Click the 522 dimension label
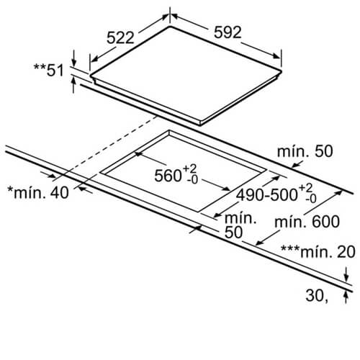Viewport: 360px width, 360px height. pos(120,37)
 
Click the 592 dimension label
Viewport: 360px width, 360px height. pos(228,32)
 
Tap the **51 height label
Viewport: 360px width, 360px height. pos(49,70)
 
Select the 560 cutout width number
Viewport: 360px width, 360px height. pos(168,176)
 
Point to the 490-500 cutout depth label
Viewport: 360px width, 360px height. pos(267,194)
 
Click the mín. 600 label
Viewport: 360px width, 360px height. pos(307,222)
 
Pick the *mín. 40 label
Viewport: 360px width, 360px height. pos(38,192)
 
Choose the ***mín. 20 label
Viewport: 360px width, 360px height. pos(318,252)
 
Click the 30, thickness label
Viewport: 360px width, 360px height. pos(317,295)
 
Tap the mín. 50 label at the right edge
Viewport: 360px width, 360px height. pos(305,151)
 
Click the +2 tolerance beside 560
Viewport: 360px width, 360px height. pos(190,168)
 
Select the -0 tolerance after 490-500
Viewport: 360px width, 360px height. pos(311,199)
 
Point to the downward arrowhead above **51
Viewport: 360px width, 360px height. pos(74,63)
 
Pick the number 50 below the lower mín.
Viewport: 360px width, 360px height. pos(233,232)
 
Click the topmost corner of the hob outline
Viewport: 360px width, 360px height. pos(170,26)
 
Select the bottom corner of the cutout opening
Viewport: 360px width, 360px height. pos(199,212)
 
